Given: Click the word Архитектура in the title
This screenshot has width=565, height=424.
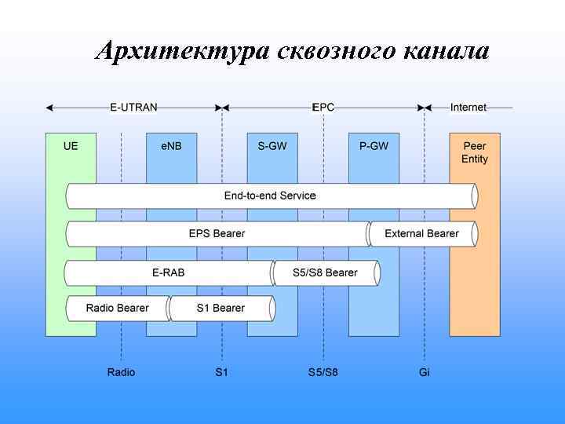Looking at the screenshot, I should [x=182, y=51].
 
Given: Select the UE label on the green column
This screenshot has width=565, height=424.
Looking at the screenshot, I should [x=71, y=146].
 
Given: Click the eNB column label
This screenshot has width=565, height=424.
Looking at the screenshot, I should [x=171, y=146].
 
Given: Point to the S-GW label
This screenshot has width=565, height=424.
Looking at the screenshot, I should [x=272, y=146].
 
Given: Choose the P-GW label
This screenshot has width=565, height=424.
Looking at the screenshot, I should [x=374, y=146].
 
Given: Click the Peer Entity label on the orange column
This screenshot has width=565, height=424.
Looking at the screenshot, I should [x=474, y=152].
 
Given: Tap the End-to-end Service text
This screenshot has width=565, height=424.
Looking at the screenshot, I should [x=270, y=196].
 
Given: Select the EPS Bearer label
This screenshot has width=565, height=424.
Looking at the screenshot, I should [x=217, y=233].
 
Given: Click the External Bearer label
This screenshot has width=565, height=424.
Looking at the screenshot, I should [x=421, y=233].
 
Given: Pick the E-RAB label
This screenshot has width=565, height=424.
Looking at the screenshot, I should [x=168, y=272].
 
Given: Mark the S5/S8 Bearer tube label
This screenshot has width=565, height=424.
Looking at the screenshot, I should [x=325, y=272].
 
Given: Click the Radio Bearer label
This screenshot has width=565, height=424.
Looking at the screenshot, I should [x=117, y=308].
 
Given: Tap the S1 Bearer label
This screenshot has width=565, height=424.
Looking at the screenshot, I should [x=221, y=308].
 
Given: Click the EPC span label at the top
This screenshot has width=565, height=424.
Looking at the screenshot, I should [x=323, y=108].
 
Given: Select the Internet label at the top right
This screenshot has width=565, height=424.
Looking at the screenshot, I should [x=468, y=108].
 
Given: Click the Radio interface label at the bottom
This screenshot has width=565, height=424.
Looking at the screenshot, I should [x=121, y=371].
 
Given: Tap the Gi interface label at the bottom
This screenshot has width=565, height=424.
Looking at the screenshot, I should [x=425, y=371].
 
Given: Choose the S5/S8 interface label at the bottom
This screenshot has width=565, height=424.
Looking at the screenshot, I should [x=323, y=371].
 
